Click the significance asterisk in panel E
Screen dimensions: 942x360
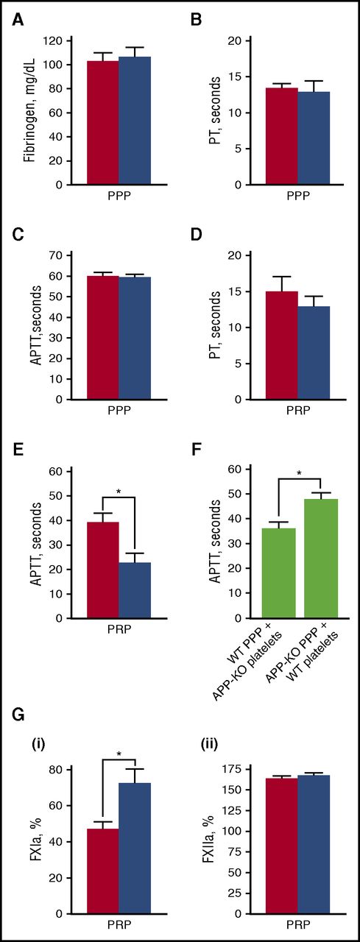pos(119,489)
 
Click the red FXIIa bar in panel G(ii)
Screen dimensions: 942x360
pos(282,846)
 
